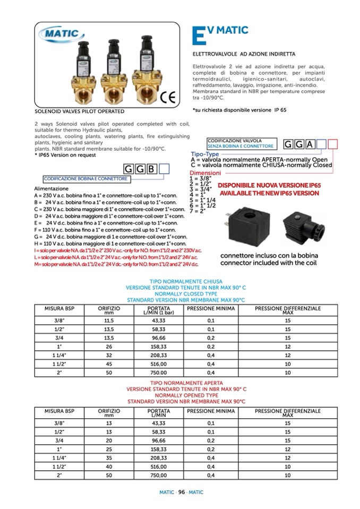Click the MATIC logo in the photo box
coord(62,34)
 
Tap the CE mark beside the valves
coord(168,97)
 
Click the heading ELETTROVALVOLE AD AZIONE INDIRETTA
coord(243,54)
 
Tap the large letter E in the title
coord(197,33)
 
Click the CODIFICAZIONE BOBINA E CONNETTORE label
coord(85,179)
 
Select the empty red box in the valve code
coord(333,144)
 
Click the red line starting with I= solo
coord(117,250)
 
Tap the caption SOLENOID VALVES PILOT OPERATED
coord(79,111)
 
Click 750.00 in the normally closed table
coord(159,373)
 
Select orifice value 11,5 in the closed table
coord(109,321)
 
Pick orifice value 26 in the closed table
coord(109,347)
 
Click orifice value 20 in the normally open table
coord(109,441)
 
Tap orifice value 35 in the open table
coord(109,458)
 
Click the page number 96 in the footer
coord(181,492)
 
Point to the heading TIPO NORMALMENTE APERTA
coord(186,383)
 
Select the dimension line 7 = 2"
coord(198,211)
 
